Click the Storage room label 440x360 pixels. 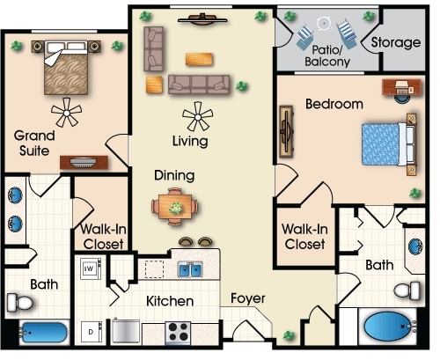pos(396,43)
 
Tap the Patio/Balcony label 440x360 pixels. pos(327,55)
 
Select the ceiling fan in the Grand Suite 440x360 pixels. pos(66,113)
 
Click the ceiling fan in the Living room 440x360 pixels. pos(197,117)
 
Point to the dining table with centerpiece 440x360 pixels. pos(175,207)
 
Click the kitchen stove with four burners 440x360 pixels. pos(178,332)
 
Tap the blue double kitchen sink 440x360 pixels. pos(190,269)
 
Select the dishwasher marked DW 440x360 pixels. pos(91,268)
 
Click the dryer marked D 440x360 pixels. pos(92,332)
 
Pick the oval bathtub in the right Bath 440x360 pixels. pos(387,327)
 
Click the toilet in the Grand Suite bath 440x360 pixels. pos(19,302)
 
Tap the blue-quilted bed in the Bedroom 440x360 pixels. pos(388,144)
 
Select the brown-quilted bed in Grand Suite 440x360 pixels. pos(66,68)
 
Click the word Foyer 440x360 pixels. pos(248,298)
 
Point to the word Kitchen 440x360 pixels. pos(170,301)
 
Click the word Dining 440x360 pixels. pos(174,175)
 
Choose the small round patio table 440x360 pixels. pos(324,24)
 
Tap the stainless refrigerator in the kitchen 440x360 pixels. pos(126,331)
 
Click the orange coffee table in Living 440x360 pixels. pos(199,59)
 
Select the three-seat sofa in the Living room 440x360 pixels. pos(199,84)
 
